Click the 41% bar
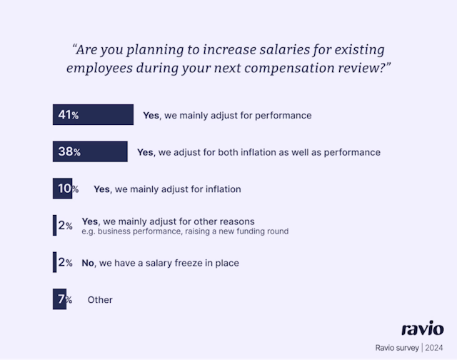[93, 115]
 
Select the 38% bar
[90, 152]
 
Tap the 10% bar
[61, 189]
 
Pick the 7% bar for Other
[59, 299]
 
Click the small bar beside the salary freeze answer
[54, 263]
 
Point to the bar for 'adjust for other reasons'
[54, 226]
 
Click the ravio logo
[422, 329]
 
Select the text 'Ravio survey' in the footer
[397, 348]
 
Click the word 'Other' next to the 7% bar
[100, 300]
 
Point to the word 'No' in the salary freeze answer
[88, 263]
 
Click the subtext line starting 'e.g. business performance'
[184, 231]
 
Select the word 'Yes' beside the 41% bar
[151, 115]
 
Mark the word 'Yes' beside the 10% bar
[102, 189]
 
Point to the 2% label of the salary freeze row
[65, 263]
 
